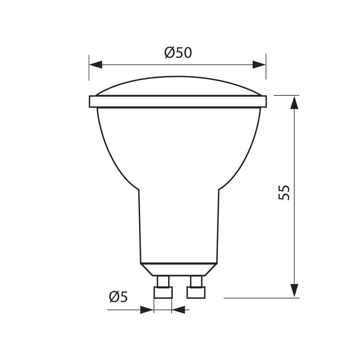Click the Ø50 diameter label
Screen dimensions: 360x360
(178, 53)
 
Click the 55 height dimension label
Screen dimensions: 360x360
(284, 192)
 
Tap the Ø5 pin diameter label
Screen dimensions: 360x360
(118, 297)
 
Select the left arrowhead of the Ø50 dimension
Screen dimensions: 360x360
(96, 65)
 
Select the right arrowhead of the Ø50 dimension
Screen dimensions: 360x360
(259, 65)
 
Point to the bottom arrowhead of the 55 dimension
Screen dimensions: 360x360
(294, 290)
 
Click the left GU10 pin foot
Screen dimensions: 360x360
(163, 293)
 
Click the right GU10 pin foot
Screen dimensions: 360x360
(196, 293)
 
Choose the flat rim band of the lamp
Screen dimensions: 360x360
(177, 102)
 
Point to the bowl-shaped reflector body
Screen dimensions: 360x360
(178, 144)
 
